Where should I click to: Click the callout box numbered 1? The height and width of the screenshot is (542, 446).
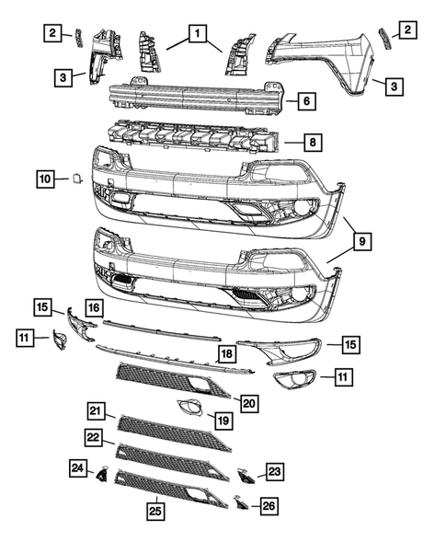(x=195, y=34)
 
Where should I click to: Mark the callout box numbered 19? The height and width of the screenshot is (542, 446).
(x=222, y=421)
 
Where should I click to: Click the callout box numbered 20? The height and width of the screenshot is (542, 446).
(x=249, y=401)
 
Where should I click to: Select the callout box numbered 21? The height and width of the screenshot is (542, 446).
(x=97, y=410)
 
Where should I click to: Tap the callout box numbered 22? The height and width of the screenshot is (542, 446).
(x=94, y=436)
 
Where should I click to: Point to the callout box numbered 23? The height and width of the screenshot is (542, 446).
(x=274, y=472)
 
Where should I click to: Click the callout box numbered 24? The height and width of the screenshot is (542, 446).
(x=77, y=467)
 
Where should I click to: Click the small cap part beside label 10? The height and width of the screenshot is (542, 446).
(x=77, y=179)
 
